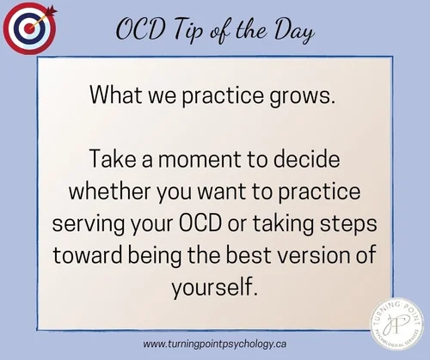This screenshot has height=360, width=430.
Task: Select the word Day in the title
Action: (286, 31)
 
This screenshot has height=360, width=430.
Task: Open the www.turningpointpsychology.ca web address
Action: (215, 344)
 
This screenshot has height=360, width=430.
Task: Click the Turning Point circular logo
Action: (395, 322)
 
